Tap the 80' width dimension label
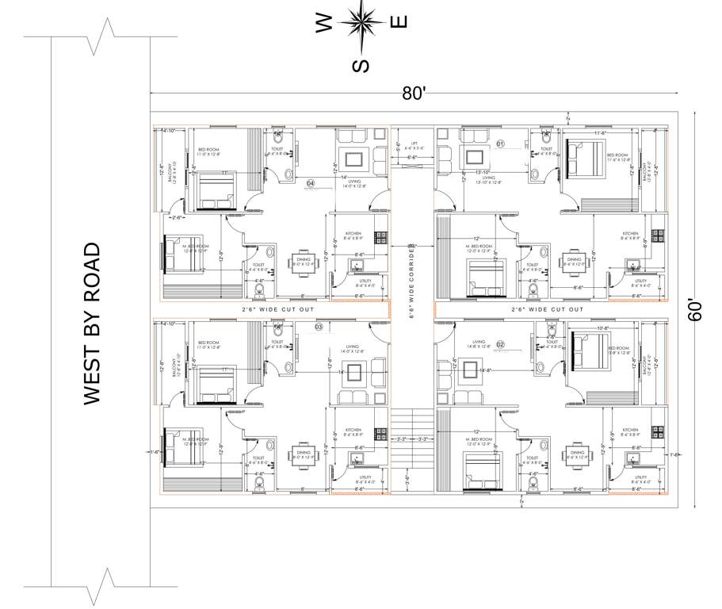[x=414, y=93]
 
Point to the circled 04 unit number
[x=311, y=183]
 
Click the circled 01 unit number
[x=501, y=144]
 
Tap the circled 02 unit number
[x=501, y=345]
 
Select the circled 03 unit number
[x=319, y=327]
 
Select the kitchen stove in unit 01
[x=657, y=236]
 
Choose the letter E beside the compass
[x=400, y=21]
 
